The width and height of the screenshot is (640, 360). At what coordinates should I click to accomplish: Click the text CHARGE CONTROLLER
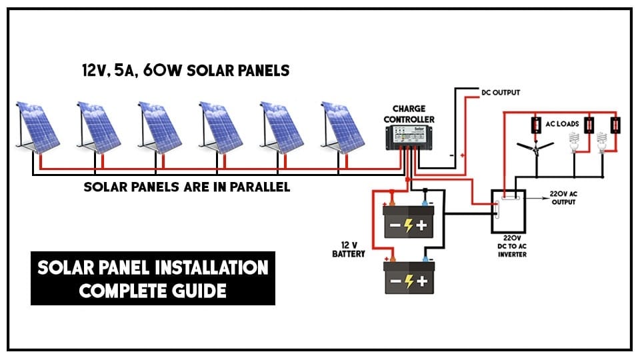point(413,114)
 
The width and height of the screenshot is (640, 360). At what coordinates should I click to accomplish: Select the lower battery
point(408,277)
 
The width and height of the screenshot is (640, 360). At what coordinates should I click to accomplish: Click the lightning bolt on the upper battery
point(408,225)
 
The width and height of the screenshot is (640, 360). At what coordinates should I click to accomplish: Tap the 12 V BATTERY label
point(348,249)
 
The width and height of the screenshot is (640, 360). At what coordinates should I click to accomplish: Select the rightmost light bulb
point(603,142)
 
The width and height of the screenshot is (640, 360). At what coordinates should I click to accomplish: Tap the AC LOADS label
point(561,124)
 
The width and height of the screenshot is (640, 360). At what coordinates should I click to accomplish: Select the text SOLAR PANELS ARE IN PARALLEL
point(187,187)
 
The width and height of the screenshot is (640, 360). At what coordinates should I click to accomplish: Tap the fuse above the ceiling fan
point(535,125)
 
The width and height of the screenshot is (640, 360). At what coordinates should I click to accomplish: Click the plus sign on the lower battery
point(422,281)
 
